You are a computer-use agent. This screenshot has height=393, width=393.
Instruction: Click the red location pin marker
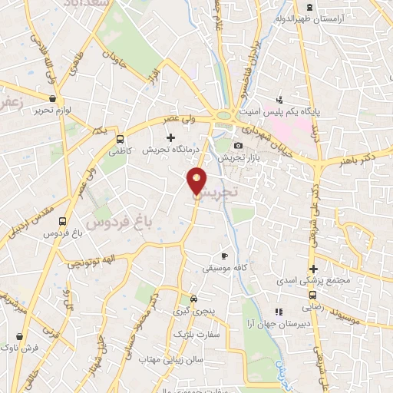click(x=196, y=181)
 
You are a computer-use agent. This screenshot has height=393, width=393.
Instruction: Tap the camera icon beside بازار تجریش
click(x=239, y=146)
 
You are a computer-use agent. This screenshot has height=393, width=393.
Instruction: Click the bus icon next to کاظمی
click(x=120, y=139)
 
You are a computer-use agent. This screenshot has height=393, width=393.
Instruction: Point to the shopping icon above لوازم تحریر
click(x=51, y=99)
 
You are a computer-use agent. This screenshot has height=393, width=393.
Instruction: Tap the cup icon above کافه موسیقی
click(x=224, y=256)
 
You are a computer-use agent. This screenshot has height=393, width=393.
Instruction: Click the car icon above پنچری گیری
click(x=193, y=299)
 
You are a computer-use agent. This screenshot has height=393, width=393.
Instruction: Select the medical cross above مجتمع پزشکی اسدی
click(x=313, y=269)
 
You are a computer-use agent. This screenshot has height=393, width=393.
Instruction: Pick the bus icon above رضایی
click(x=313, y=294)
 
